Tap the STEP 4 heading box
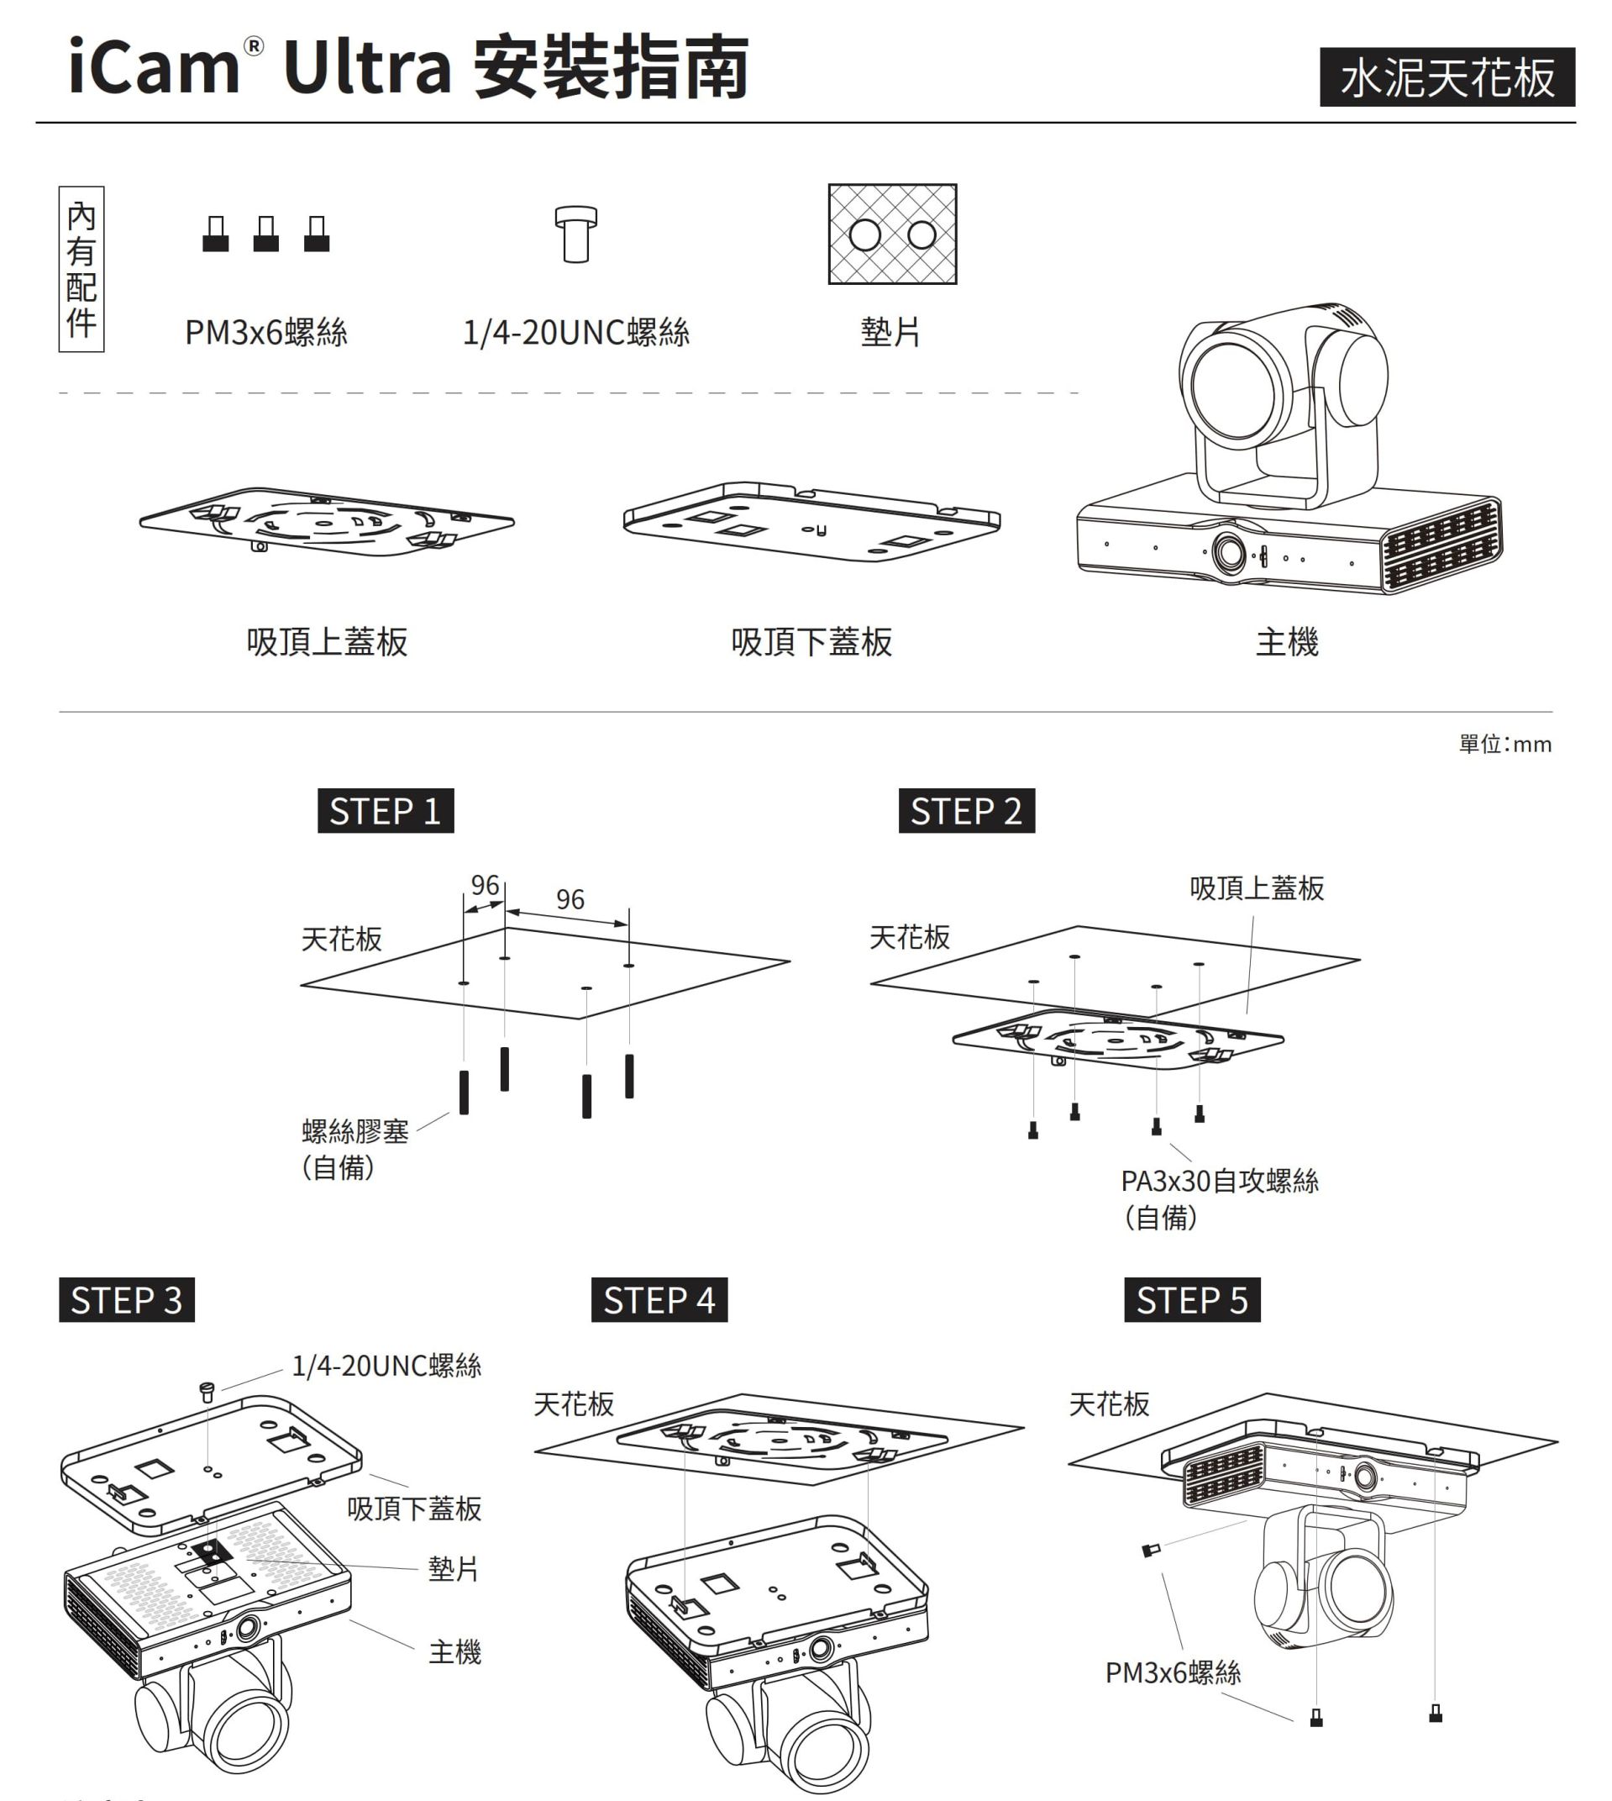659,1299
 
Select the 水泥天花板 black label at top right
1447,77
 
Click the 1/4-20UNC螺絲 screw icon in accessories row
575,234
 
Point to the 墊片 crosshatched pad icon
892,234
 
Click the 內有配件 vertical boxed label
81,268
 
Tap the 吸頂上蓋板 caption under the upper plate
327,641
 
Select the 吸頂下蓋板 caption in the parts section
811,641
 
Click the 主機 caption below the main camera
1287,641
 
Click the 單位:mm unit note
1504,744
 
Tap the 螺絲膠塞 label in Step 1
355,1131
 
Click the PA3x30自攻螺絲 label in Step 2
1219,1181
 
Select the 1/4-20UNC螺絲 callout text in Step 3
387,1365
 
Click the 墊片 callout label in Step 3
454,1568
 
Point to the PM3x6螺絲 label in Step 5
1173,1672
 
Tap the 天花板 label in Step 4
574,1403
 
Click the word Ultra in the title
368,67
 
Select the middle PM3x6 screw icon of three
265,234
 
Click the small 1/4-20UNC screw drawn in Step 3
207,1392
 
